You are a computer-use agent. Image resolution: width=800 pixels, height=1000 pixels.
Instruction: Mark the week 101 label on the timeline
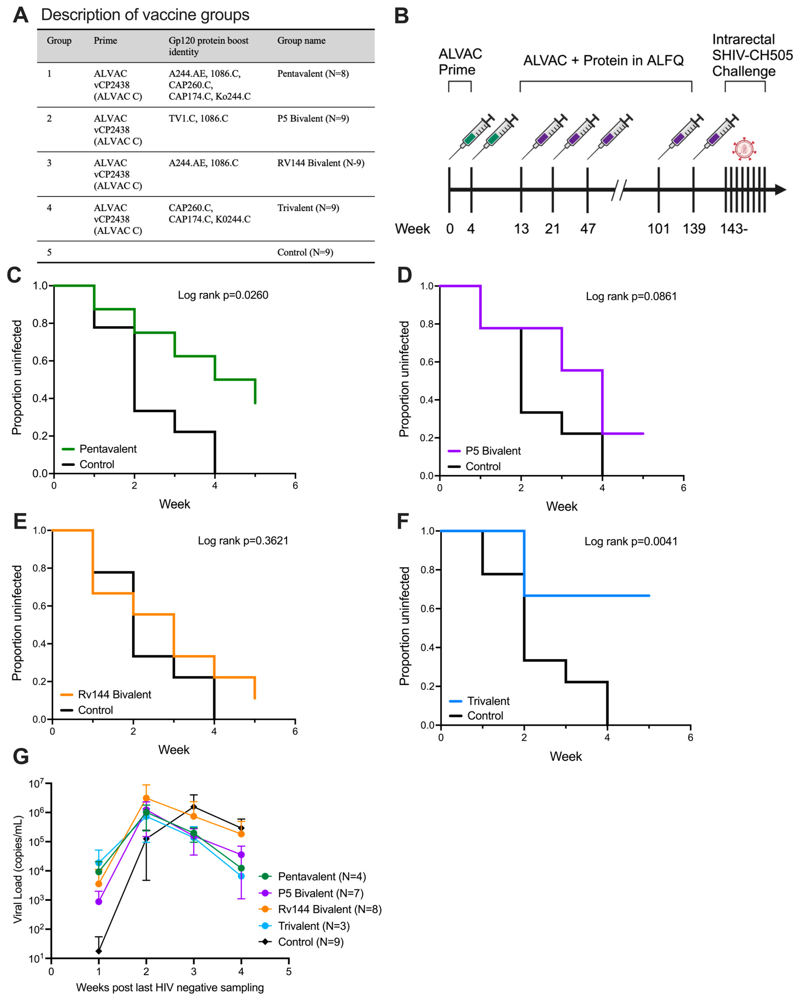(658, 229)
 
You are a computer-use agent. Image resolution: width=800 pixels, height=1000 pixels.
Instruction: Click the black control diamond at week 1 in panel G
(98, 951)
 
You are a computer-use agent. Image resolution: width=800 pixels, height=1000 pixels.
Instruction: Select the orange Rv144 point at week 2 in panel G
(146, 798)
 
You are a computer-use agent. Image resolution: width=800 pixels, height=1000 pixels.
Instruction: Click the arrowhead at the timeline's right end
(780, 189)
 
